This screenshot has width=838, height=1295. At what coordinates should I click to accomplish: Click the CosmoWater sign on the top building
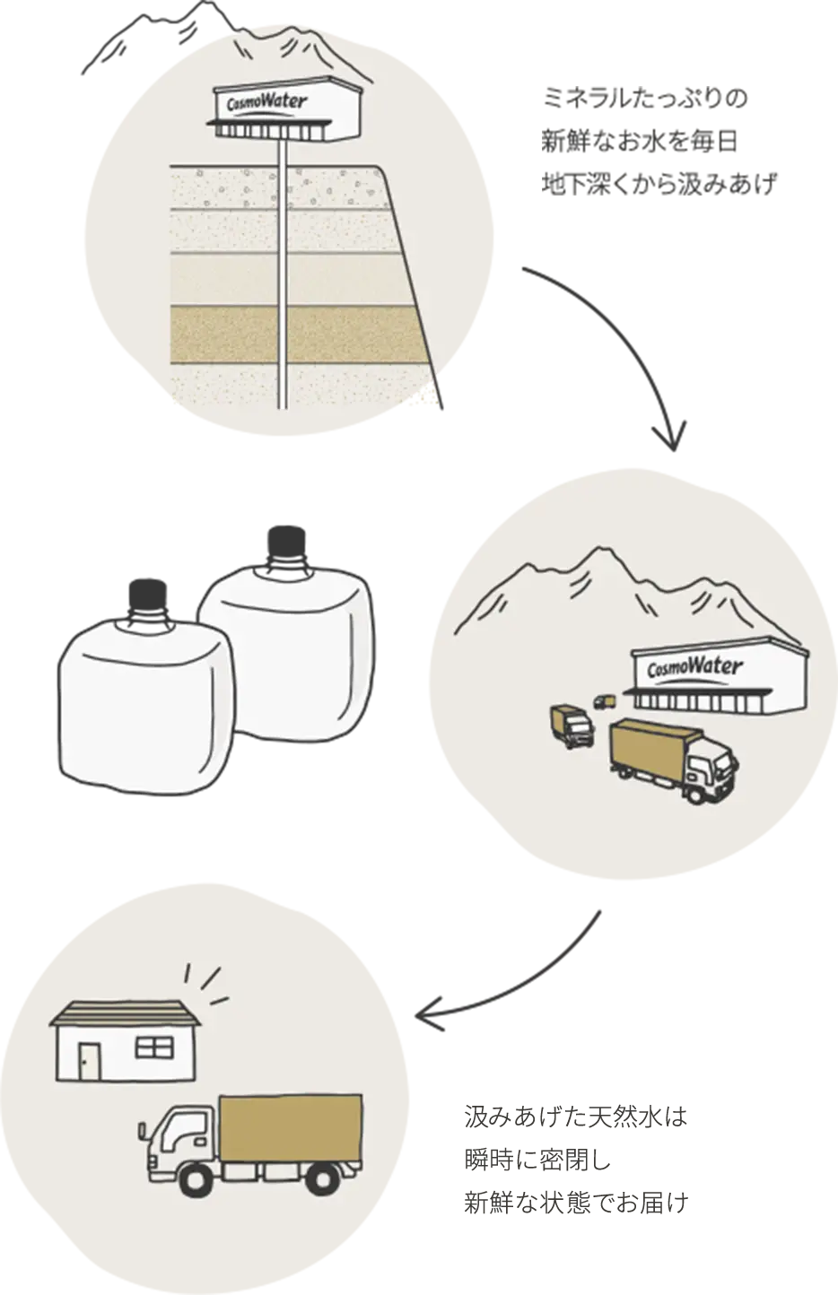click(267, 102)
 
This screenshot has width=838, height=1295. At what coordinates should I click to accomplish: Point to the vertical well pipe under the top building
click(282, 269)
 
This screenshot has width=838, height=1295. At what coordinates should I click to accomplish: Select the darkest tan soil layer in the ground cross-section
click(296, 334)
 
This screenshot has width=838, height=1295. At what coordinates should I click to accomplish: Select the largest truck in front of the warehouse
click(673, 758)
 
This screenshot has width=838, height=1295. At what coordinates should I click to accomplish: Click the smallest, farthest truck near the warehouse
click(605, 701)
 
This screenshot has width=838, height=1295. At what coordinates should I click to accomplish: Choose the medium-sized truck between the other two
click(572, 725)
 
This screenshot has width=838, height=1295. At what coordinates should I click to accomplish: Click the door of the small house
click(90, 1063)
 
